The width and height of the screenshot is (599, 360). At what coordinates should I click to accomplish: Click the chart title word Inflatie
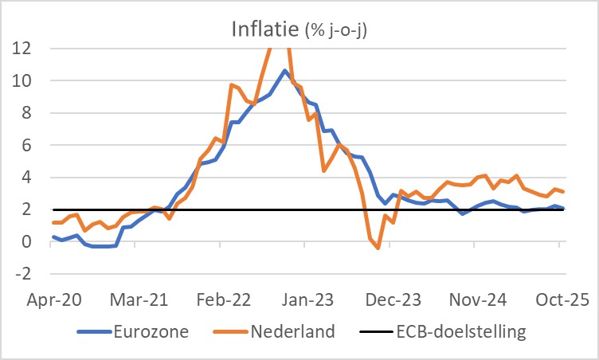click(x=265, y=29)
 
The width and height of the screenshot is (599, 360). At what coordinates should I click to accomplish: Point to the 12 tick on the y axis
click(x=21, y=48)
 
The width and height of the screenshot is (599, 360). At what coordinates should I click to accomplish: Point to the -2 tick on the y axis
click(x=22, y=274)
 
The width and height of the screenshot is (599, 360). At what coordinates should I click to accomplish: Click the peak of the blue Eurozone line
click(x=284, y=71)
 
